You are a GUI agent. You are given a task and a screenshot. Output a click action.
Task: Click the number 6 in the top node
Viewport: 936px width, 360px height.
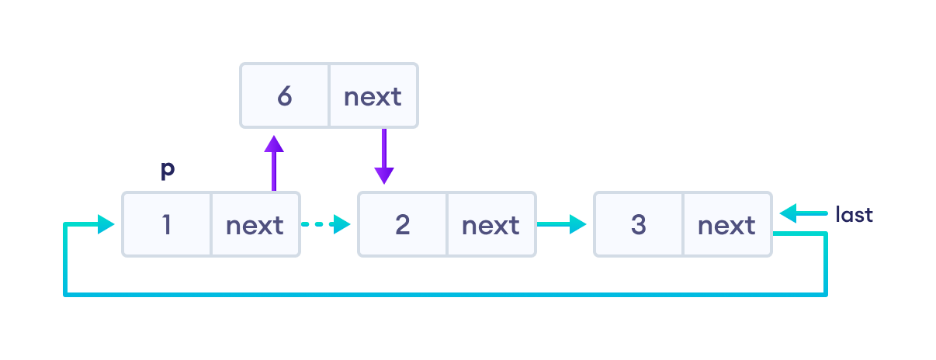coord(284,96)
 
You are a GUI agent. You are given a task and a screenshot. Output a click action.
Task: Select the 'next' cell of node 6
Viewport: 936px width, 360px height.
coord(373,96)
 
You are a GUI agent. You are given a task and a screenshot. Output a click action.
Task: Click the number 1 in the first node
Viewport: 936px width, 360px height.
coord(166,225)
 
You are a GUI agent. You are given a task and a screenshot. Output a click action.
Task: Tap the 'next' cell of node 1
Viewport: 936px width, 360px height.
coord(255,225)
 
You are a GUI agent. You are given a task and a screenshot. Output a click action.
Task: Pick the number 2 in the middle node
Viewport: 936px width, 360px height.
coord(402,225)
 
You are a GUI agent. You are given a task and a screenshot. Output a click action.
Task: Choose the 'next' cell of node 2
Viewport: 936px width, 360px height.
coord(491,225)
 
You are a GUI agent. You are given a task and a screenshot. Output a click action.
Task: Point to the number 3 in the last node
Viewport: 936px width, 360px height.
coord(638,225)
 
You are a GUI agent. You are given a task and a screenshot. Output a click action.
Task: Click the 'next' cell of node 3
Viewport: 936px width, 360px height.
coord(727,225)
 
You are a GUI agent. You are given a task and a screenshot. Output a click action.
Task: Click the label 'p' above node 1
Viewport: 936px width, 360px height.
coord(167,171)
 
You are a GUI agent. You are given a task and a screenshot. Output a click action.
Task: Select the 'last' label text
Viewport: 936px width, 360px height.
coord(855,214)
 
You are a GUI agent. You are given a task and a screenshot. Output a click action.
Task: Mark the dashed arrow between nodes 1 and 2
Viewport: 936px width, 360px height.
coord(325,225)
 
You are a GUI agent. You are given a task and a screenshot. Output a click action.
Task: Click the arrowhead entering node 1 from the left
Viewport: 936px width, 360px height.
coord(106,225)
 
